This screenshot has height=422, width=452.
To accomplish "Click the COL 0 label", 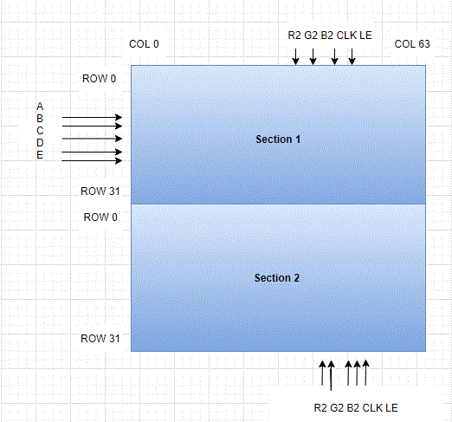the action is click(x=144, y=44).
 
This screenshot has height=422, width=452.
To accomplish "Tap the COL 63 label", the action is click(x=412, y=44).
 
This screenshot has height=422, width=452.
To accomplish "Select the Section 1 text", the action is click(x=278, y=140).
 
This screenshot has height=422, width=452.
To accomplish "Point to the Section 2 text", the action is click(x=277, y=278).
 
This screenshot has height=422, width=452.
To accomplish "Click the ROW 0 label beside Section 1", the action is click(x=99, y=79).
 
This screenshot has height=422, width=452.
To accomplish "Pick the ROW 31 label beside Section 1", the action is click(x=100, y=192).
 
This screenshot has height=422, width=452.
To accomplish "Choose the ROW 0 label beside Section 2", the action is click(x=100, y=217).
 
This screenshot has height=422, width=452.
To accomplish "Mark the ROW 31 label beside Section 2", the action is click(x=100, y=339).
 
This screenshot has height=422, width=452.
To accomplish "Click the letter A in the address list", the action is click(x=40, y=107).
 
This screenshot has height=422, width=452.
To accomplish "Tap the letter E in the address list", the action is click(x=40, y=155).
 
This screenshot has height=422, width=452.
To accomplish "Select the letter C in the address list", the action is click(x=40, y=131).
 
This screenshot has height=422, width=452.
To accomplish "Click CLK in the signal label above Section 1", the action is click(x=346, y=36).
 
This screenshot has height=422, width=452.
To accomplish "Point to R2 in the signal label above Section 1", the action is click(x=294, y=36).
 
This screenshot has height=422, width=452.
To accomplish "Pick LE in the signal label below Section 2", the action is click(x=391, y=408).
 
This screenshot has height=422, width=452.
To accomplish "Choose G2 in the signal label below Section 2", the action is click(x=337, y=408).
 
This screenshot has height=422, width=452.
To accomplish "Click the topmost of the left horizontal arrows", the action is click(x=92, y=117).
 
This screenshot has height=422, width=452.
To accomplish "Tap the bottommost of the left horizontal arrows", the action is click(x=92, y=160).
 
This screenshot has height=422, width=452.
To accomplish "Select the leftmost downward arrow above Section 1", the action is click(x=295, y=56).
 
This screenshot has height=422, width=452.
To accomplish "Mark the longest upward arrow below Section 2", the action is click(x=331, y=375).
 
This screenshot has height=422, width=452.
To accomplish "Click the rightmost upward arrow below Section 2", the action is click(x=365, y=373).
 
